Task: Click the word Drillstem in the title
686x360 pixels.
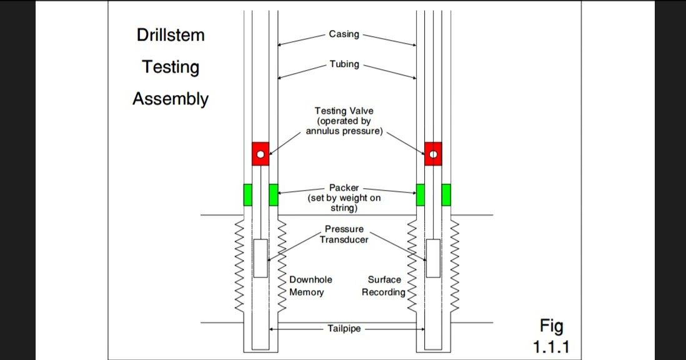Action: coord(171,35)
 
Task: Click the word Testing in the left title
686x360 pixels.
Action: coord(171,67)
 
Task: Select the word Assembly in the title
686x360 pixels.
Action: coord(171,99)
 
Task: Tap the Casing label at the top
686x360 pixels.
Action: coord(344,34)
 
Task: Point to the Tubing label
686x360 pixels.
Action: coord(344,64)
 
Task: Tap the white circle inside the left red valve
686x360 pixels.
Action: coord(261,154)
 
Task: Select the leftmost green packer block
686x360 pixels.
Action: coord(247,195)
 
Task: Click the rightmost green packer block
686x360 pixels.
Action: coord(446,195)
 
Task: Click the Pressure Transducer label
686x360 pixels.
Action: coord(344,234)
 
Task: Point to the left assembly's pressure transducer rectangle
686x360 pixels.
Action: coord(261,257)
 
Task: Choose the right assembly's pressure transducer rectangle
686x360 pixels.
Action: coord(432,257)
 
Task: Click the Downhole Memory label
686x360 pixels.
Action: coord(311,286)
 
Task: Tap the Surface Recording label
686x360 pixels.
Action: coord(384,286)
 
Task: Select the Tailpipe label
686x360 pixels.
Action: coord(344,328)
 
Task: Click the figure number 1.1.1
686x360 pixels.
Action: coord(551,347)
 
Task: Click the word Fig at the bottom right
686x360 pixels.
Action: coord(551,326)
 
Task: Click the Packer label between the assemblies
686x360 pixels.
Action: coord(344,187)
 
